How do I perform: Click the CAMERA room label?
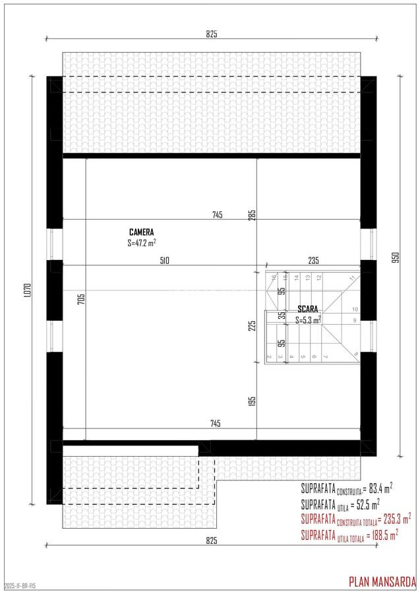pyautogui.click(x=141, y=232)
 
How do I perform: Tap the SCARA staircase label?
pyautogui.click(x=308, y=309)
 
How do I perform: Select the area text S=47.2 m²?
pyautogui.click(x=141, y=243)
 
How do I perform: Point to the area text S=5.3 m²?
pyautogui.click(x=308, y=319)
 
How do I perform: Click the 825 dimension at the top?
pyautogui.click(x=211, y=34)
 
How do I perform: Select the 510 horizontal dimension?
pyautogui.click(x=164, y=261)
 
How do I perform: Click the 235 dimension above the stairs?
pyautogui.click(x=313, y=261)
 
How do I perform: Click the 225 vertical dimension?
pyautogui.click(x=252, y=325)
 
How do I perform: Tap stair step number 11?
pyautogui.click(x=353, y=278)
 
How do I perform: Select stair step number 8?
pyautogui.click(x=356, y=354)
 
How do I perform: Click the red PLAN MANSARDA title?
pyautogui.click(x=382, y=581)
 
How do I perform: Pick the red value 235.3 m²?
pyautogui.click(x=396, y=519)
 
